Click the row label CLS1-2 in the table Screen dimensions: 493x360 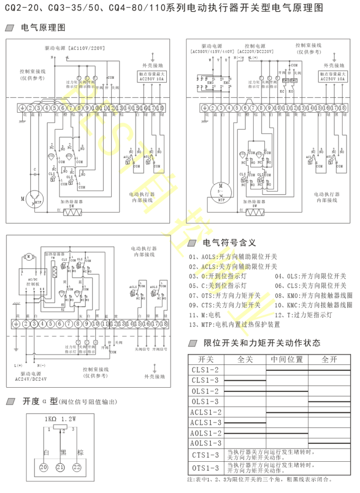click(x=205, y=370)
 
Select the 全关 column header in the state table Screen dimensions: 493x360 click(x=245, y=359)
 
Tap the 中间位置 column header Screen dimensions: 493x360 click(x=287, y=359)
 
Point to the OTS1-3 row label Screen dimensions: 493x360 click(x=205, y=468)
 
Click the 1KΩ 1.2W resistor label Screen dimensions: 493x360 click(x=60, y=418)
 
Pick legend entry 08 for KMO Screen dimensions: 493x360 click(x=313, y=295)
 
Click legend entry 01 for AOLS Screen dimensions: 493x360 click(x=232, y=257)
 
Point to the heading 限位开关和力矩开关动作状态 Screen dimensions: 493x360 click(x=262, y=343)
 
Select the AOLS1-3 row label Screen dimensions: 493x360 click(x=205, y=443)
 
